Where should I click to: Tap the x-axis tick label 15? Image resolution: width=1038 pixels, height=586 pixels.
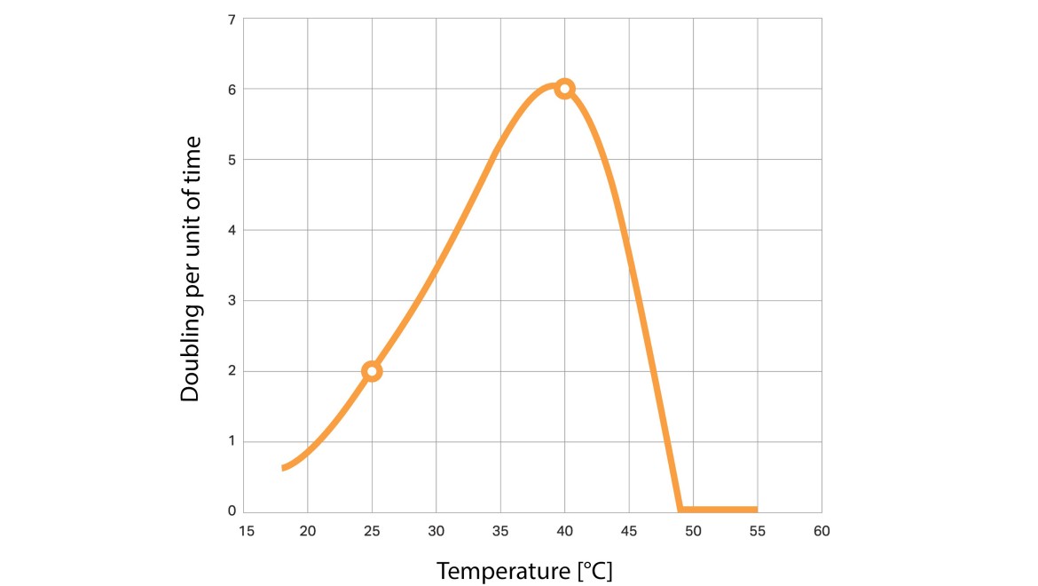[x=247, y=531]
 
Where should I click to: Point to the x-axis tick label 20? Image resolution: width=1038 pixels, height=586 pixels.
[x=308, y=531]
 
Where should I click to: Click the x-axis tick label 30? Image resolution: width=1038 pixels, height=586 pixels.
[x=436, y=531]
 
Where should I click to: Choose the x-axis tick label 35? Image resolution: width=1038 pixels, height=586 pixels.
[x=500, y=531]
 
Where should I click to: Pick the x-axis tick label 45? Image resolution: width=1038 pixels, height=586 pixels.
[x=629, y=531]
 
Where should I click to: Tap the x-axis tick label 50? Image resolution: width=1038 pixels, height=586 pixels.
[x=693, y=531]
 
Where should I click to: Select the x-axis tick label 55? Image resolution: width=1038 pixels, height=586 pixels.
[x=758, y=531]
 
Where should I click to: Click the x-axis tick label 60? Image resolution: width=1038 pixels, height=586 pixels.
[x=822, y=531]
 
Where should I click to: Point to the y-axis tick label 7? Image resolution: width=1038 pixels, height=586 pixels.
[x=232, y=20]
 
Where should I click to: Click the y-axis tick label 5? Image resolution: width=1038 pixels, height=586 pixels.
[x=232, y=160]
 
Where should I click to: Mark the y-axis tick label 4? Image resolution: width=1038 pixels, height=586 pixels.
[x=232, y=231]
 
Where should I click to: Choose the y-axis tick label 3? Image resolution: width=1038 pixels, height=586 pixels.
[x=232, y=301]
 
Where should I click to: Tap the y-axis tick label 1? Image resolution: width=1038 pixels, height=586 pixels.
[x=232, y=441]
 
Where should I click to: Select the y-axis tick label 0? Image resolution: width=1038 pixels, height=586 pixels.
[x=232, y=511]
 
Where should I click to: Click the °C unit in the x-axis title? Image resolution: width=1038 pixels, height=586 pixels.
[x=595, y=571]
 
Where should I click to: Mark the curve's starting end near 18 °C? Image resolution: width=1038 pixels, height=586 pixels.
[x=283, y=468]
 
